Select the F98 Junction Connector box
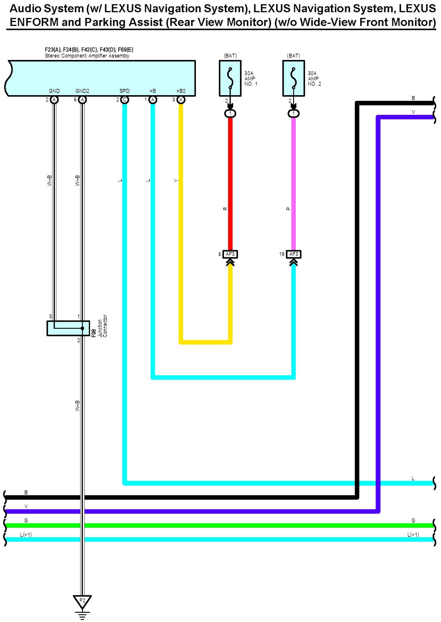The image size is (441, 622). coord(68,328)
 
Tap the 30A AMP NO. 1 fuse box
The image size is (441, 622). coord(230,78)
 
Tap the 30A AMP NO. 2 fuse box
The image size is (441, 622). coord(293,78)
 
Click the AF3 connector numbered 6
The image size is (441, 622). coord(230,254)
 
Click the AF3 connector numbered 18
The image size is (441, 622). coord(293,254)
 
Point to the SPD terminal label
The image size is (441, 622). coord(124,91)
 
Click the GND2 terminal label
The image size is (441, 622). coord(82,91)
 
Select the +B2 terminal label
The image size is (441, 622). coord(181,91)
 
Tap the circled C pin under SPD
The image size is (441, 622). coord(125,100)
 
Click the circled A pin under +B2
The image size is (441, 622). coord(181,100)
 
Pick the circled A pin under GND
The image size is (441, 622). coord(54,100)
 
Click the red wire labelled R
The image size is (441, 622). coord(230,184)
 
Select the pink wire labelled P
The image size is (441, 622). coord(293,184)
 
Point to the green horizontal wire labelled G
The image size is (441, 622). coord(222,526)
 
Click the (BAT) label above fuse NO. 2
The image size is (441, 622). coord(293,56)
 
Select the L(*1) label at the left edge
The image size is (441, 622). coord(26,535)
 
